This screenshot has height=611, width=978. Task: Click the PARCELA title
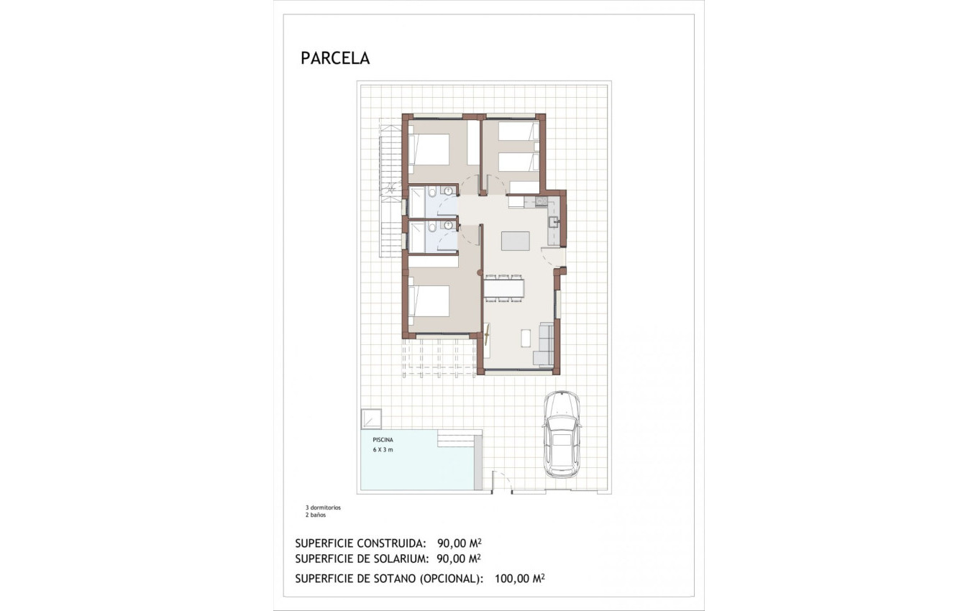(x=335, y=58)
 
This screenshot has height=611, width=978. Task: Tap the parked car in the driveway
(x=561, y=434)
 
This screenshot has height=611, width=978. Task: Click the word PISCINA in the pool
(x=383, y=438)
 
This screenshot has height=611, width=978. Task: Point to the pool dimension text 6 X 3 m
(x=383, y=449)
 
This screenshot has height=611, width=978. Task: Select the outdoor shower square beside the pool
(x=372, y=418)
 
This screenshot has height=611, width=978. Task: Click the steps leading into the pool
(x=460, y=438)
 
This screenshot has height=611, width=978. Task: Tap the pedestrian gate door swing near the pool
(x=501, y=482)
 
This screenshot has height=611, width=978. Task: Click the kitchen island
(x=516, y=241)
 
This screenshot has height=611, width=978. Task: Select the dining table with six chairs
(x=504, y=288)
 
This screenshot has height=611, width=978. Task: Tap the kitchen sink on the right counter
(x=554, y=222)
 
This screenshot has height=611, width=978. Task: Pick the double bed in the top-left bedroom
(x=429, y=150)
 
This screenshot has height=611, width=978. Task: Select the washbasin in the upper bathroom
(x=448, y=191)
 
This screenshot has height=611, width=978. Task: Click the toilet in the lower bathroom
(x=432, y=227)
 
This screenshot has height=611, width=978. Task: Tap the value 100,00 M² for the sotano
(x=519, y=578)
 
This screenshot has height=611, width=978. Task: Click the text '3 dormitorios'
(x=323, y=507)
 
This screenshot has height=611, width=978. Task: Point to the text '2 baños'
(x=316, y=515)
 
